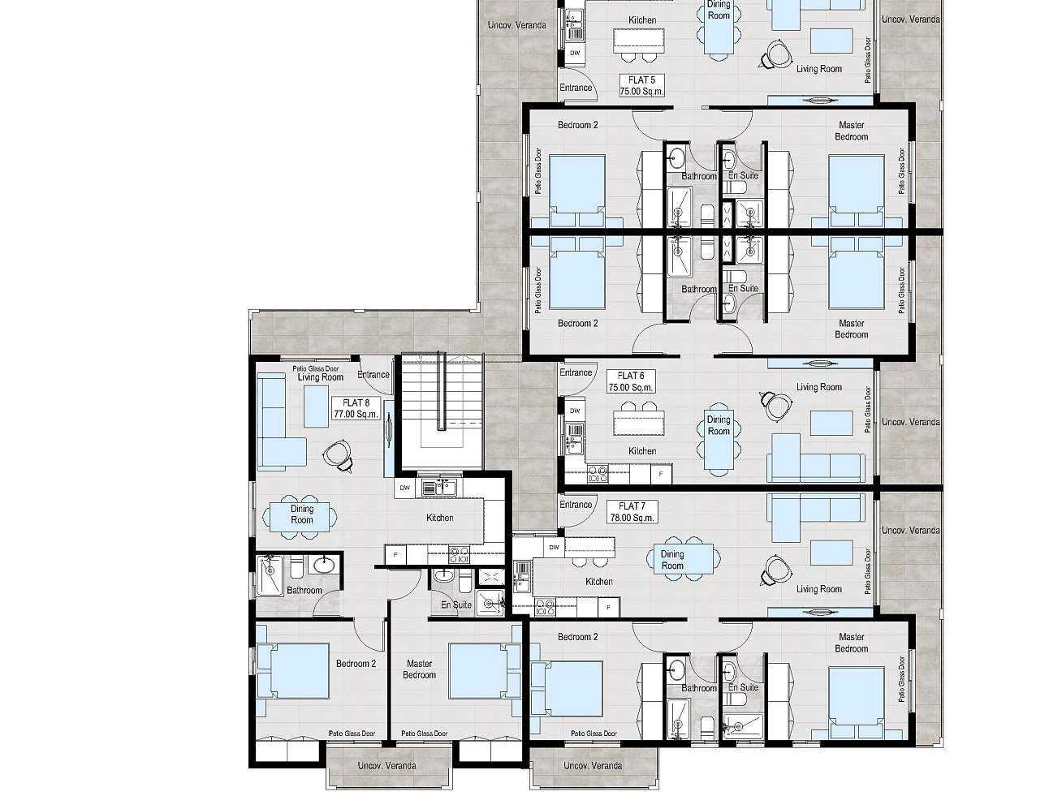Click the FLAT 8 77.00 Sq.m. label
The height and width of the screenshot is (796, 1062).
[x=356, y=408]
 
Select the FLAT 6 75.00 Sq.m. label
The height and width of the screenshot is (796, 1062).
[x=631, y=381]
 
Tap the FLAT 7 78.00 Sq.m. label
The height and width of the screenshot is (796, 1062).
[x=632, y=512]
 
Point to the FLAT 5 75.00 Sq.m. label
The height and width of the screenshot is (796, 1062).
[x=641, y=85]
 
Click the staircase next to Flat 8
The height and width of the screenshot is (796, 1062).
[x=442, y=411]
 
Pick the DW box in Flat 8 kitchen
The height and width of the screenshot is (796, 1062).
[x=405, y=488]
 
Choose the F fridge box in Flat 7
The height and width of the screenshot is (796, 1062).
[x=609, y=607]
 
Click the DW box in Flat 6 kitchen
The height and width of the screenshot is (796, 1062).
[x=575, y=411]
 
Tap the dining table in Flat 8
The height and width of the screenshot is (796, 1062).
[x=300, y=516]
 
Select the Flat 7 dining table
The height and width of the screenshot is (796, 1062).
[x=683, y=558]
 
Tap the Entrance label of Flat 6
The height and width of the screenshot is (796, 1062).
[x=576, y=372]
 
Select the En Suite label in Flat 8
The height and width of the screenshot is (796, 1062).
[x=456, y=605]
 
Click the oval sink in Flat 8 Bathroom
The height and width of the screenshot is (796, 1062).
[x=324, y=565]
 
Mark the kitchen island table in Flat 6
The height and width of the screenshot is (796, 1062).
[x=639, y=422]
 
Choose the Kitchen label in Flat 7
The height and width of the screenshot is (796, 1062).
[x=599, y=582]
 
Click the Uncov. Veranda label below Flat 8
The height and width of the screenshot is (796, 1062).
[x=386, y=765]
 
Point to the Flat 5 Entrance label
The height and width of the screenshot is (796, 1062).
[x=576, y=88]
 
